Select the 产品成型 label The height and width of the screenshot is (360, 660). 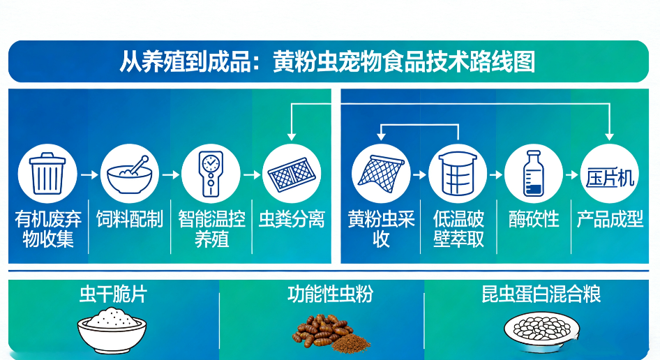tap(610, 220)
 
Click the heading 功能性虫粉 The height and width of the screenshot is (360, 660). tap(330, 294)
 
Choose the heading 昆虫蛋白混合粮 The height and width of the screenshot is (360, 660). tap(541, 294)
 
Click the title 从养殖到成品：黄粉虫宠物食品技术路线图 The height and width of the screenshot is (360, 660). tap(328, 61)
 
